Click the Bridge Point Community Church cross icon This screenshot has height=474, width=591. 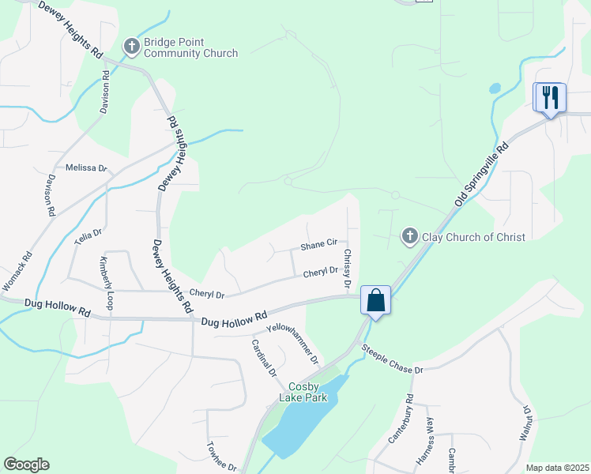click(x=132, y=47)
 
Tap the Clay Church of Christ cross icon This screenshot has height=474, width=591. click(x=409, y=235)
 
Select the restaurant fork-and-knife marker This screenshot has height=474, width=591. click(x=550, y=98)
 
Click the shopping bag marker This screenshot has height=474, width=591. click(x=375, y=300)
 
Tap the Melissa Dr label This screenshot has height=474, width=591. click(x=85, y=167)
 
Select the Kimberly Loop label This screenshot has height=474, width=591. click(x=106, y=282)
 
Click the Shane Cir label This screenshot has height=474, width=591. click(x=318, y=246)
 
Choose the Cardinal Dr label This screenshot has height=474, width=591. click(x=264, y=357)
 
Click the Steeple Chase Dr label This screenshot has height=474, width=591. click(x=393, y=359)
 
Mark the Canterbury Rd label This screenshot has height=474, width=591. click(x=401, y=419)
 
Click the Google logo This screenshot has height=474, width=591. click(x=26, y=465)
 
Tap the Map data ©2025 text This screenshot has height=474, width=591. click(x=557, y=468)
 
